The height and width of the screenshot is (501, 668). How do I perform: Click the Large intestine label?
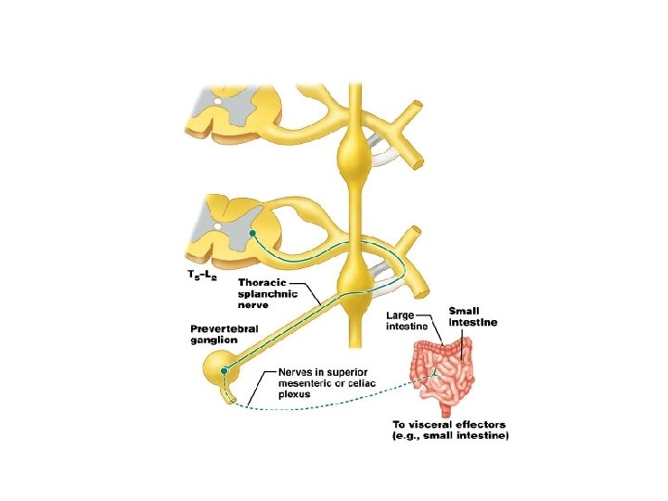click(406, 320)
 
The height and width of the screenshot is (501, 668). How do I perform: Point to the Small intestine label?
click(473, 316)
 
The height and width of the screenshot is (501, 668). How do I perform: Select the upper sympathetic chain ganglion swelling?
click(355, 150)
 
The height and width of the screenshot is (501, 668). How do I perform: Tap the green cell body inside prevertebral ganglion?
click(224, 372)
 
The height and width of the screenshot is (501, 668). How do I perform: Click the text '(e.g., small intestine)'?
click(449, 436)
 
